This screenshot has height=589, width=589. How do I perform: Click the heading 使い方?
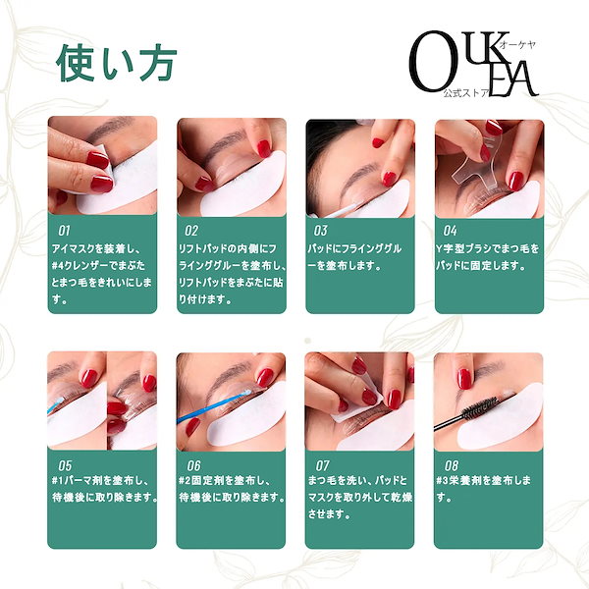[x=117, y=63]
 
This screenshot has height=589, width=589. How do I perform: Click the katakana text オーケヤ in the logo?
[x=517, y=45]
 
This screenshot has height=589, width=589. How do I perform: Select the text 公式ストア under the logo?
[x=466, y=93]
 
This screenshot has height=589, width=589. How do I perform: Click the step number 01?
[x=64, y=231]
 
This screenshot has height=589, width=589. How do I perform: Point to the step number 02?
[x=191, y=231]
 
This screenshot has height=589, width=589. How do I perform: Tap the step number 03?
[x=320, y=231]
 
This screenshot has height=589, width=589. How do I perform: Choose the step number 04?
[x=450, y=231]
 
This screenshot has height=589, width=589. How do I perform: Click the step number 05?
[x=65, y=465]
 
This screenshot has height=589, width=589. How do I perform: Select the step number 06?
[x=193, y=465]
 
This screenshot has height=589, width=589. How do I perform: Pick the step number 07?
[x=322, y=465]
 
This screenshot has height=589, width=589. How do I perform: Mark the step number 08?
[x=452, y=465]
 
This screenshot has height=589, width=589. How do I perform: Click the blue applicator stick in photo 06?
[x=213, y=408]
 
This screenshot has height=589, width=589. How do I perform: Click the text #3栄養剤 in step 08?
[x=459, y=481]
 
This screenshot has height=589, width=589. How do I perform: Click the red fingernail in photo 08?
[x=464, y=379]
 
